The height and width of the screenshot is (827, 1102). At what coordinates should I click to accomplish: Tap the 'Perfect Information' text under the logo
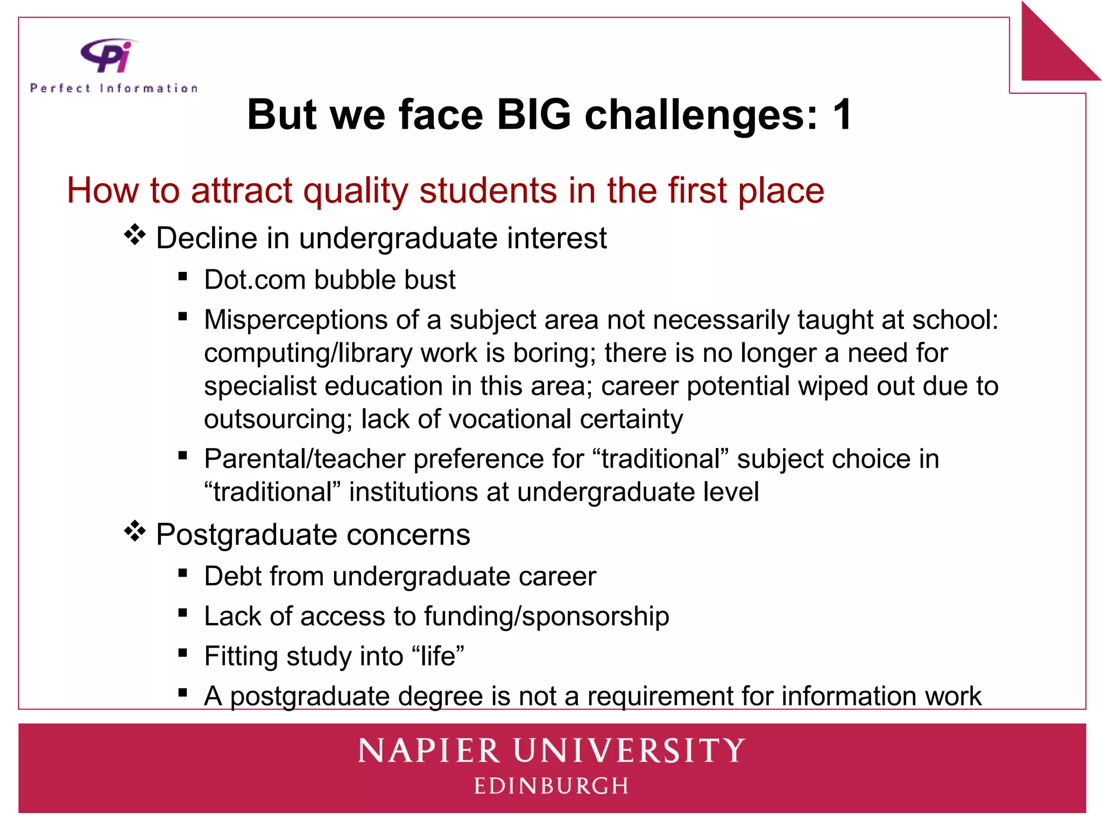114,88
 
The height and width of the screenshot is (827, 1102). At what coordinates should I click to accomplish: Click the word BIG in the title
533,115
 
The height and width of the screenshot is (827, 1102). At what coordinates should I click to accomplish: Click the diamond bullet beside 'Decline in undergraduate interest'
135,235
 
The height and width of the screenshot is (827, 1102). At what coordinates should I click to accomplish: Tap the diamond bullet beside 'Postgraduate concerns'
135,532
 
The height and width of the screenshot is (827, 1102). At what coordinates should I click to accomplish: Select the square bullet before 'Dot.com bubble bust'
183,277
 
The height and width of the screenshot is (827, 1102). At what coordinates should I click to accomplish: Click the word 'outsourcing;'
278,419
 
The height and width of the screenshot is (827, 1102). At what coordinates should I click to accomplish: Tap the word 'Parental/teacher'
304,459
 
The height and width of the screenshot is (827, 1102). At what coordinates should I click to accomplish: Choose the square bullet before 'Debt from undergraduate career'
183,573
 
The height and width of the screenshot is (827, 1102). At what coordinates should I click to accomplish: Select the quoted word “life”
437,656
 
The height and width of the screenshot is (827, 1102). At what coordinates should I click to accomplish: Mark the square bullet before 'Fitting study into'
183,653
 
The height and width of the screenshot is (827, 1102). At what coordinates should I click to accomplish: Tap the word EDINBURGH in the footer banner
551,786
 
